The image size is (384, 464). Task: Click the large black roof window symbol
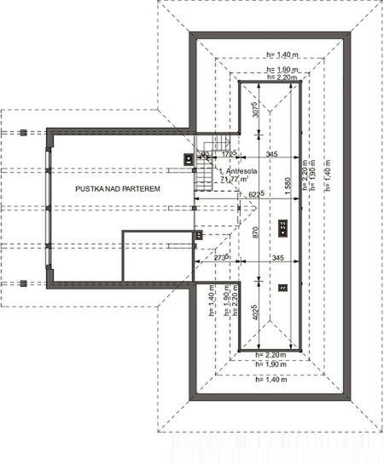point(282,226)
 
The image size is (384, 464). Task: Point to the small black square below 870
point(282,288)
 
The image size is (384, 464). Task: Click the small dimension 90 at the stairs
point(205,154)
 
